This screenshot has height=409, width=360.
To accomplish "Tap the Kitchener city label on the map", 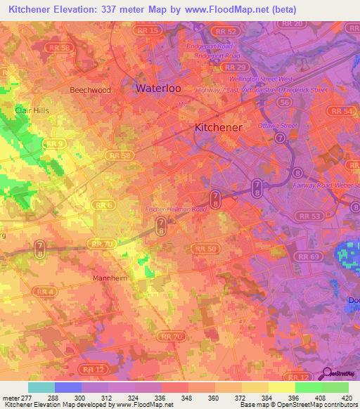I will [217, 127].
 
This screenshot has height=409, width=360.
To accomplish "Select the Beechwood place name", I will [90, 90].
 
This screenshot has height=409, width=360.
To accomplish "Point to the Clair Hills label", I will [32, 110].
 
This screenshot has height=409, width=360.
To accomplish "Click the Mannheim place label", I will [110, 278].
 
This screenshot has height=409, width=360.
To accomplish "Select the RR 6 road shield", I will [103, 204].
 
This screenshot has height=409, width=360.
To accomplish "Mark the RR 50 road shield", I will [206, 249].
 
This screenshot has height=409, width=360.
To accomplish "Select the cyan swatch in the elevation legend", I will [41, 387].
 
